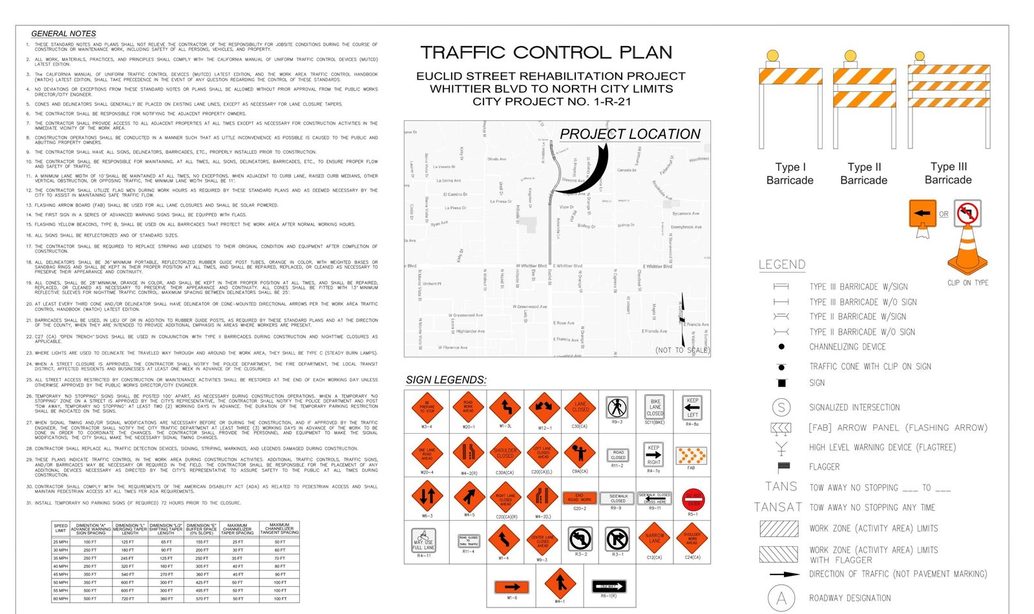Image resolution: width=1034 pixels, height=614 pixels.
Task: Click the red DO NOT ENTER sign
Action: (693, 499)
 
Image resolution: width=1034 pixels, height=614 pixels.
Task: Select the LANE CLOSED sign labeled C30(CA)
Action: (580, 408)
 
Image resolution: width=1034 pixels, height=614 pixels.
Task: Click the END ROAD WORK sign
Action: (580, 498)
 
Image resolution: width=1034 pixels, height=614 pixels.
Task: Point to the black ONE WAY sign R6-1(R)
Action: (609, 586)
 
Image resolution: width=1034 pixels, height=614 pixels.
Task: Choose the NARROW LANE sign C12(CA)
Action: (654, 538)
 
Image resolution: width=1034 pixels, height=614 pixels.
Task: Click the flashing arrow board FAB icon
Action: (691, 456)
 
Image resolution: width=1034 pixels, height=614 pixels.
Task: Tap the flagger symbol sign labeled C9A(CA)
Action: (580, 453)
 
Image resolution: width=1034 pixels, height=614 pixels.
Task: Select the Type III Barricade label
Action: (948, 173)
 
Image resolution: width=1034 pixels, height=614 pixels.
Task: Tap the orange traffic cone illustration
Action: (967, 252)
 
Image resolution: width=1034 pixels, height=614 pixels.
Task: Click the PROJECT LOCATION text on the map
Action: (629, 134)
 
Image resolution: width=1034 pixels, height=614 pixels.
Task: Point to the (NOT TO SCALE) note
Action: (682, 350)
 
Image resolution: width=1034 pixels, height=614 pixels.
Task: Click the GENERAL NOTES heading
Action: (63, 34)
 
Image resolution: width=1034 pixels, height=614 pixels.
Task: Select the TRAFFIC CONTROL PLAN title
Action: (546, 52)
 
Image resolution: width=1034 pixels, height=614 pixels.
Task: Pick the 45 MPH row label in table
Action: (60, 574)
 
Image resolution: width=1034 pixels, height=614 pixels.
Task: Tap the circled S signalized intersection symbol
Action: (781, 407)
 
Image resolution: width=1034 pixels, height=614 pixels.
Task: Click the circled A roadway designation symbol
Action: (781, 598)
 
